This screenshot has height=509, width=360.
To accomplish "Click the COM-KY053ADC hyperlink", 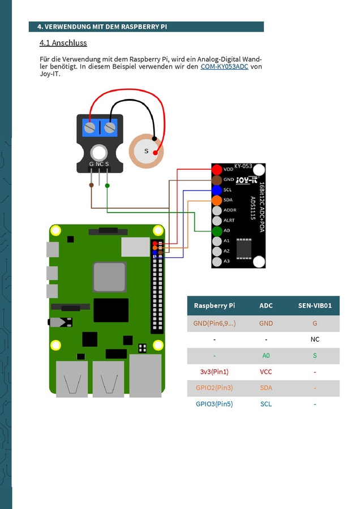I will (224, 67).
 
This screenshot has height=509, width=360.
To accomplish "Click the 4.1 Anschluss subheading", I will (63, 43).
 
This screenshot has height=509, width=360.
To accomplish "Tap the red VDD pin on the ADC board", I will (217, 170).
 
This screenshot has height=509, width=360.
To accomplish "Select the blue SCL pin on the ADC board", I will (217, 190).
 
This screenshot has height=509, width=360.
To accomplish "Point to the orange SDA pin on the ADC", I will (217, 200).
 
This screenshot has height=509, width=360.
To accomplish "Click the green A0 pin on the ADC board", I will (217, 231).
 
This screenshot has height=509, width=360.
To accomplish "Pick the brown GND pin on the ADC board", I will (217, 180).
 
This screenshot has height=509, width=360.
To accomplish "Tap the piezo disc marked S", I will (146, 151).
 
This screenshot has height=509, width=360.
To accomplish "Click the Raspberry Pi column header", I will (214, 305).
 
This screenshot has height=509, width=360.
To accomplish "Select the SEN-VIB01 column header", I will (315, 305).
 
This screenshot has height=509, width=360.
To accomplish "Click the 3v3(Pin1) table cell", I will (214, 372).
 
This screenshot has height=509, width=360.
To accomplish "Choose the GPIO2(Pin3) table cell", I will (214, 388).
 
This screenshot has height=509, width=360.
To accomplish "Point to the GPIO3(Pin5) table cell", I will (214, 404).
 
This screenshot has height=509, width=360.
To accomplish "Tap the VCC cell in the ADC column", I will (266, 372).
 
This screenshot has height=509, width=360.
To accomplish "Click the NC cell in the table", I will (315, 339).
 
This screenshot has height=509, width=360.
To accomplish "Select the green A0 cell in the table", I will (266, 356).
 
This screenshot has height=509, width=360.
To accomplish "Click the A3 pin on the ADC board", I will (217, 261).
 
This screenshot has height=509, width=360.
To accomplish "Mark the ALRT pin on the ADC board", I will (217, 221).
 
